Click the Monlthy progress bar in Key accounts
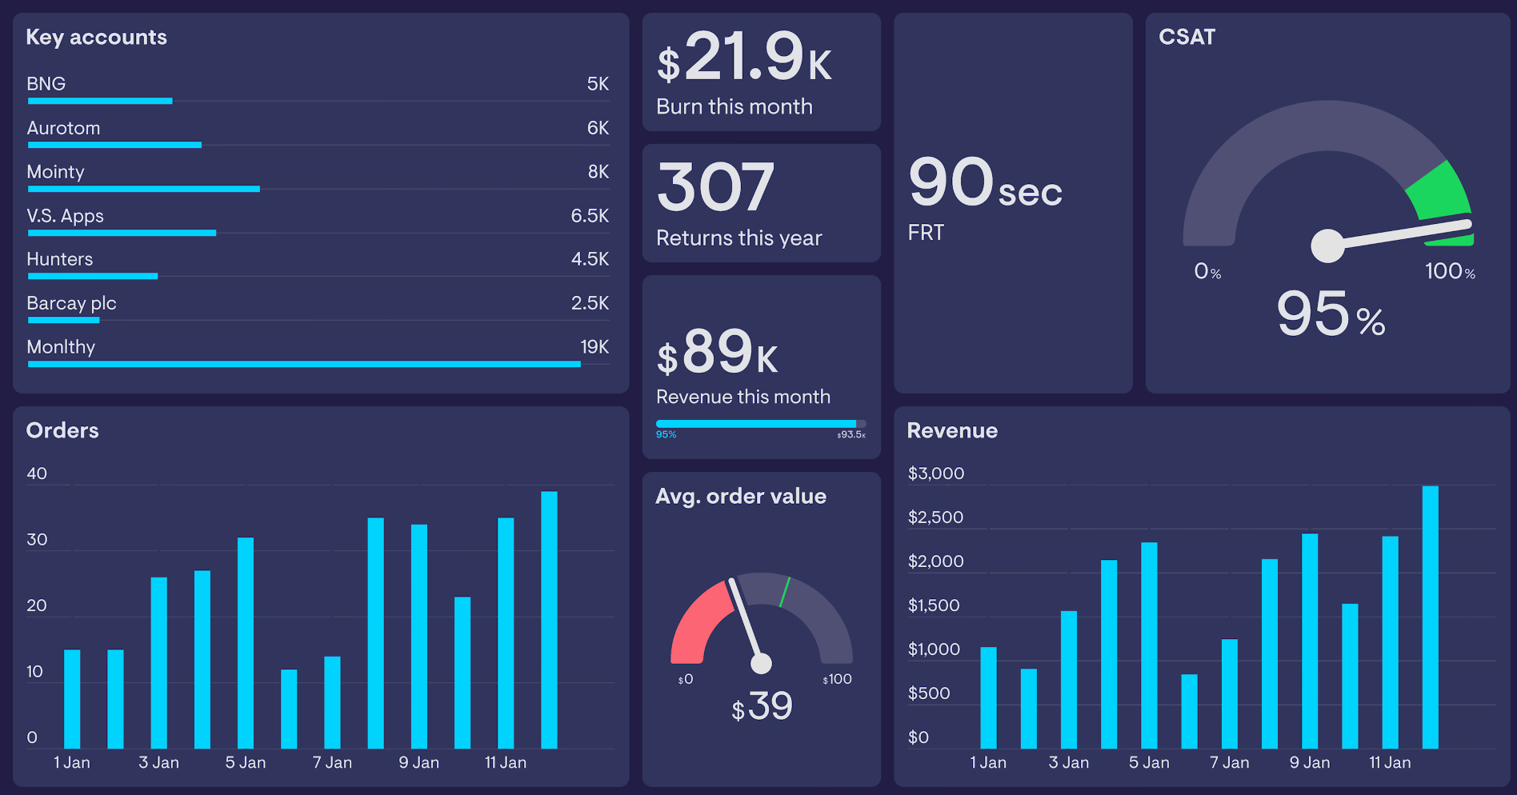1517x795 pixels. click(x=304, y=364)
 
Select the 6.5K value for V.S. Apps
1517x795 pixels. click(x=590, y=216)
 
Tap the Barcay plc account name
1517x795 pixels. click(x=71, y=303)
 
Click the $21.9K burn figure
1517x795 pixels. click(x=744, y=58)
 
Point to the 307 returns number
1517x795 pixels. click(x=715, y=187)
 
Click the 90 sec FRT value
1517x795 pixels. click(x=984, y=183)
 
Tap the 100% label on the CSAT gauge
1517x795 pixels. click(x=1449, y=272)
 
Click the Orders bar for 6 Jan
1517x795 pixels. click(x=289, y=709)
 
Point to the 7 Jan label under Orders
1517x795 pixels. click(x=332, y=763)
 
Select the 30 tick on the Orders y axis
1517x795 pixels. click(x=37, y=540)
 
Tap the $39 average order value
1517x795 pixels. click(x=762, y=707)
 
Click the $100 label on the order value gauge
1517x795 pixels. click(x=837, y=680)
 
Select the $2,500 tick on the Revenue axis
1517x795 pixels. click(x=935, y=517)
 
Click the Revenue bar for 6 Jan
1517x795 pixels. click(x=1189, y=711)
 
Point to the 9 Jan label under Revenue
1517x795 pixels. click(x=1310, y=763)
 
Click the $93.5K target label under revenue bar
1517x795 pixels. click(x=851, y=435)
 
